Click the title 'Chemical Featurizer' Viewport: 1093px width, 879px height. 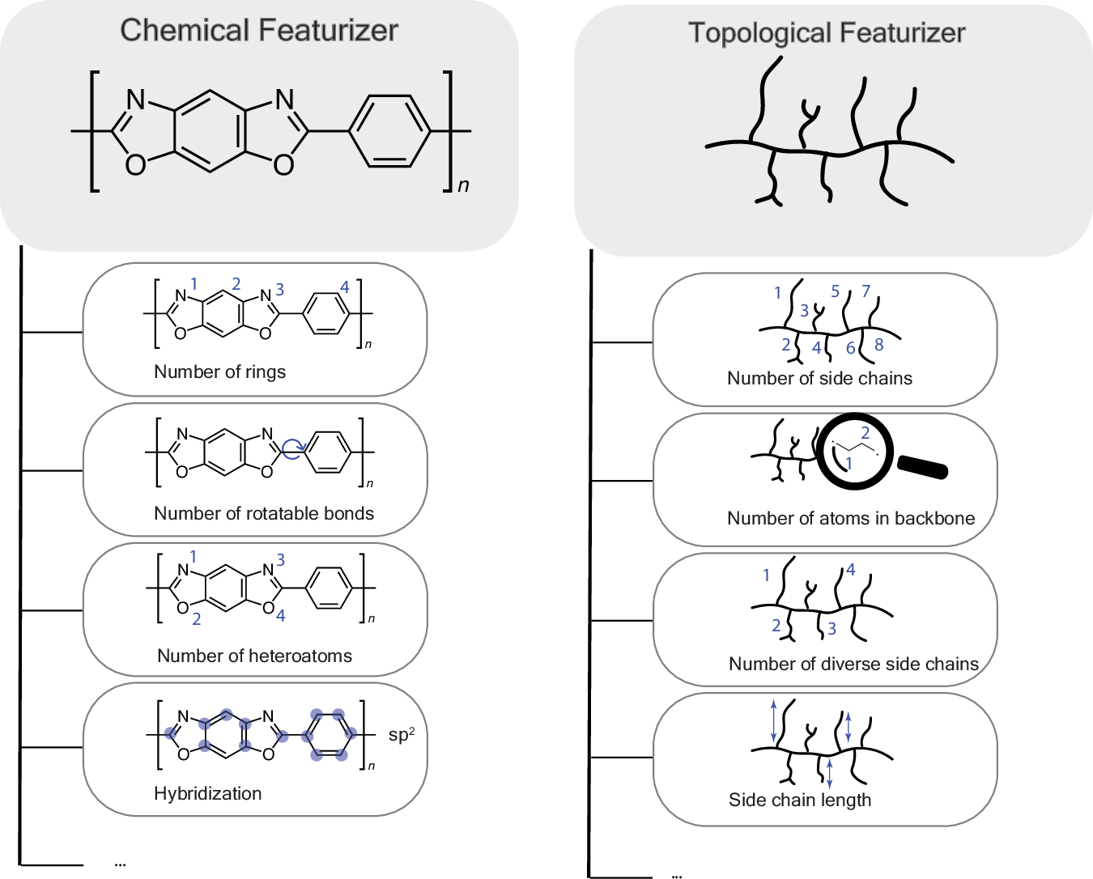(x=259, y=31)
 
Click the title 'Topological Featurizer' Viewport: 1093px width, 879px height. (x=827, y=33)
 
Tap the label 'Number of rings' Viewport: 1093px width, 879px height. (x=219, y=372)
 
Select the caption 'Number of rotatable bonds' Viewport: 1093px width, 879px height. (x=264, y=513)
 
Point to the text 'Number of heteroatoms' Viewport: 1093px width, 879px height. (x=254, y=656)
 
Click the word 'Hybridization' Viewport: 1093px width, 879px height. (x=207, y=793)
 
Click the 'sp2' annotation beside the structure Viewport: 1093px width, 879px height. (x=401, y=735)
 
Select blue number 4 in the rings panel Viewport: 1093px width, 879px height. (x=344, y=287)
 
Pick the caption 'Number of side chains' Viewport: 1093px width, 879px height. (x=819, y=378)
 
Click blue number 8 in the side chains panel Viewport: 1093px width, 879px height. (x=878, y=345)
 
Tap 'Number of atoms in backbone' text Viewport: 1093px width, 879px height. (x=851, y=518)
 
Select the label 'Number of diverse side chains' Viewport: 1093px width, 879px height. (x=853, y=664)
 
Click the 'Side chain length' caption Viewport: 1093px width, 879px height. (x=800, y=800)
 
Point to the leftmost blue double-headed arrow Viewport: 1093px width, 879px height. (x=773, y=720)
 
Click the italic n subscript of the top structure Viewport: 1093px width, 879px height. (x=463, y=185)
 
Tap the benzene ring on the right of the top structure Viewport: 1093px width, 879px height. (x=389, y=131)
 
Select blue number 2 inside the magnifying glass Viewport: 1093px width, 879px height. (x=865, y=433)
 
